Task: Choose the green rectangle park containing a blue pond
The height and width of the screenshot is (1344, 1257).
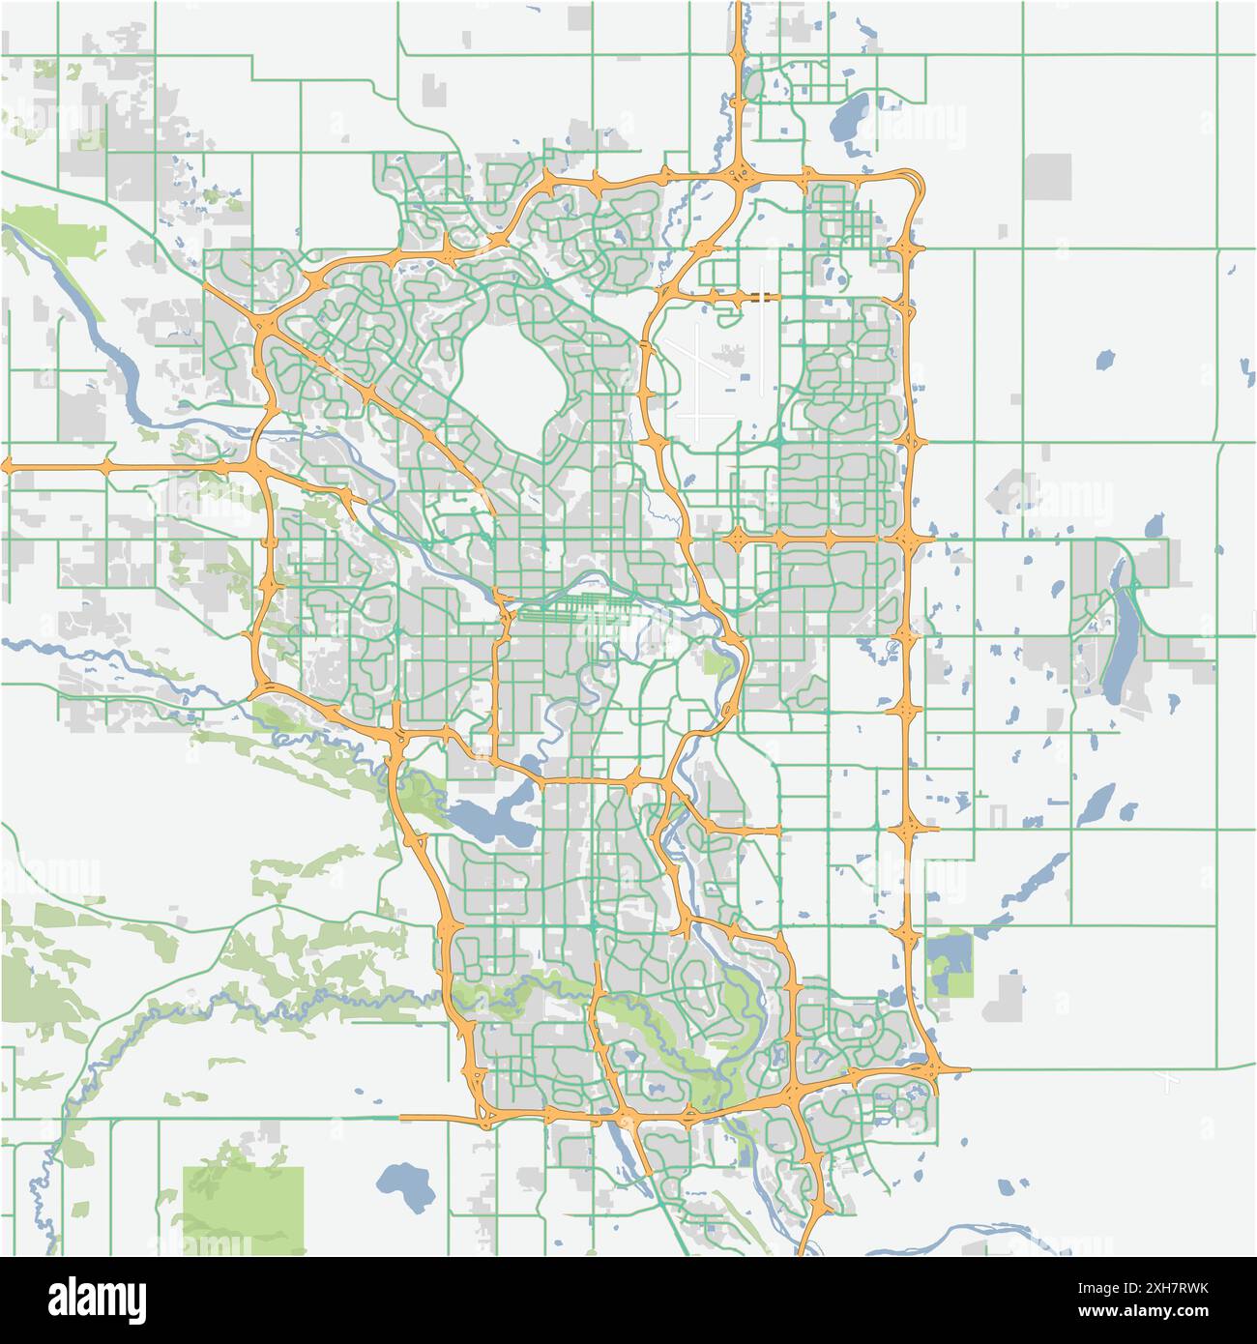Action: [x=949, y=963]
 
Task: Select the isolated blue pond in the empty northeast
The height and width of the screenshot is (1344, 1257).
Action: [x=1103, y=361]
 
